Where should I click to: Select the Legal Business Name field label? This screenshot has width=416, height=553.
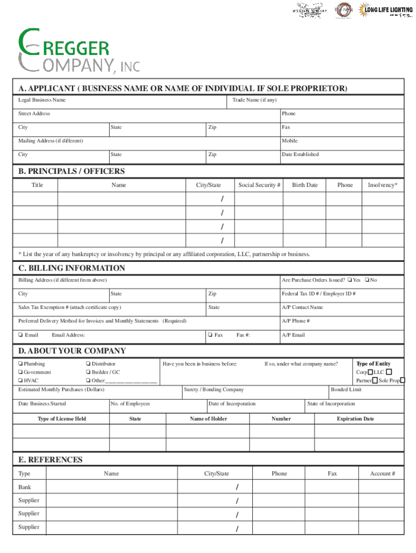tap(42, 100)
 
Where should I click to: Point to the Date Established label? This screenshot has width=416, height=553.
tap(300, 154)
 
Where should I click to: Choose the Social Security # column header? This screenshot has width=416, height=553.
tap(259, 185)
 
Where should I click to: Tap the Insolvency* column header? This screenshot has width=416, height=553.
tap(383, 185)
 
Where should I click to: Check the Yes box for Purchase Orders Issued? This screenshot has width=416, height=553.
tap(351, 280)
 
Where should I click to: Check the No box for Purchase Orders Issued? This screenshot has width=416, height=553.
tap(367, 280)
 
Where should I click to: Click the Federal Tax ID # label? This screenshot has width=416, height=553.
tap(318, 294)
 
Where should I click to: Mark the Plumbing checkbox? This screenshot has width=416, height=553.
tap(20, 364)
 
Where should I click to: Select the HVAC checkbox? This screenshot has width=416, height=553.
tap(20, 380)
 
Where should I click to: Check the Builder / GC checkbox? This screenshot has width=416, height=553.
tap(88, 372)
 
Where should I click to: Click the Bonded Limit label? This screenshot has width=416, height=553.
tap(346, 389)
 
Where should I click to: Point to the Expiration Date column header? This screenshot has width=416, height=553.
tap(355, 419)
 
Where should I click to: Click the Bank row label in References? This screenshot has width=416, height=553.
tap(25, 487)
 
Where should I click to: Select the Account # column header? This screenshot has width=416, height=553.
tap(383, 474)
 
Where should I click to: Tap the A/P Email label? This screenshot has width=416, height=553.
tap(293, 335)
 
